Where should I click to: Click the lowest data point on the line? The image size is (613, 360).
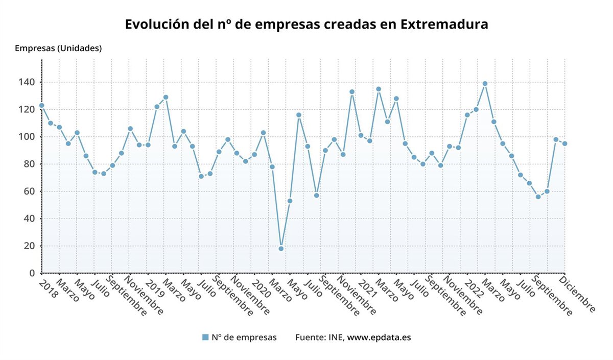point(281,249)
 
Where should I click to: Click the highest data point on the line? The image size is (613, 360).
point(485,84)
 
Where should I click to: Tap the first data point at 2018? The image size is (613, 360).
point(41,106)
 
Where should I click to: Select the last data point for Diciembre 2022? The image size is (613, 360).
point(564,143)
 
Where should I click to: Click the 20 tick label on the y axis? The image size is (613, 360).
point(30,246)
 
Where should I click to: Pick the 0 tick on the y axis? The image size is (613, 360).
point(32,273)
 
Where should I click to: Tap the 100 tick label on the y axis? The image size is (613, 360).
point(28,137)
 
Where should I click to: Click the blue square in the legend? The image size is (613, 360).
point(205,337)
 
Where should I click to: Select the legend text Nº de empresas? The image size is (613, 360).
point(244,337)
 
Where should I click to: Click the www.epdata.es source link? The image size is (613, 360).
point(379,337)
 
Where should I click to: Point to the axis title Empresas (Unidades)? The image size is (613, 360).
point(58,49)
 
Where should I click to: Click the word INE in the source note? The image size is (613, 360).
point(336,337)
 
